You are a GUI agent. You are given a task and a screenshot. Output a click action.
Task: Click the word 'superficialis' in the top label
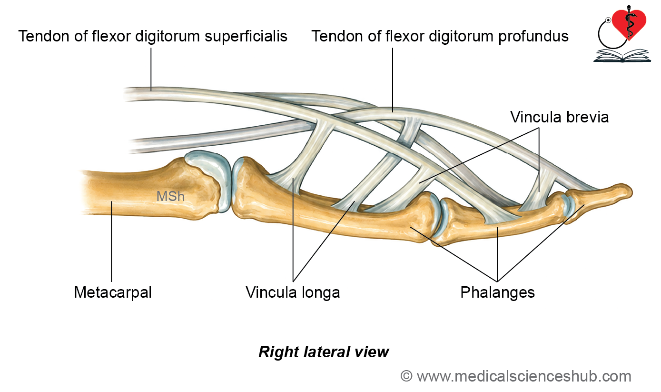pyautogui.click(x=246, y=37)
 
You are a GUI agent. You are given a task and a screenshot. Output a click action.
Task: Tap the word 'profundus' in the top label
pyautogui.click(x=533, y=37)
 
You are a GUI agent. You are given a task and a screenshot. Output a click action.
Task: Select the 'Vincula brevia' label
pyautogui.click(x=559, y=117)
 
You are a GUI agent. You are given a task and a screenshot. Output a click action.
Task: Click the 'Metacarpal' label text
pyautogui.click(x=113, y=292)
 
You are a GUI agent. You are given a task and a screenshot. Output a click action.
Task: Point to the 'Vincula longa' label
pyautogui.click(x=293, y=292)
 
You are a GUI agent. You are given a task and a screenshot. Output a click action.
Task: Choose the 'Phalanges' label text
pyautogui.click(x=497, y=292)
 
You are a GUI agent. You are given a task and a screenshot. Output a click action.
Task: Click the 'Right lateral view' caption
pyautogui.click(x=324, y=352)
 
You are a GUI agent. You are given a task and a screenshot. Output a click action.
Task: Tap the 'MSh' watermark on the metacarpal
pyautogui.click(x=170, y=196)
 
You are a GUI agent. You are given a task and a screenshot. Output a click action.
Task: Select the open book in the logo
pyautogui.click(x=622, y=56)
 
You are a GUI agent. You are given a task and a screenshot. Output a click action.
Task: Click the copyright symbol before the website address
pyautogui.click(x=406, y=376)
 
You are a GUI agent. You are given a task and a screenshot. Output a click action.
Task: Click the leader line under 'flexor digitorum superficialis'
pyautogui.click(x=151, y=69)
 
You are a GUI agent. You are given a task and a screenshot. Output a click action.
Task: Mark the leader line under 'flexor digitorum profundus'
pyautogui.click(x=393, y=80)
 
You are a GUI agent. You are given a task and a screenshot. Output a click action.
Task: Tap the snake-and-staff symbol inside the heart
pyautogui.click(x=629, y=23)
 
